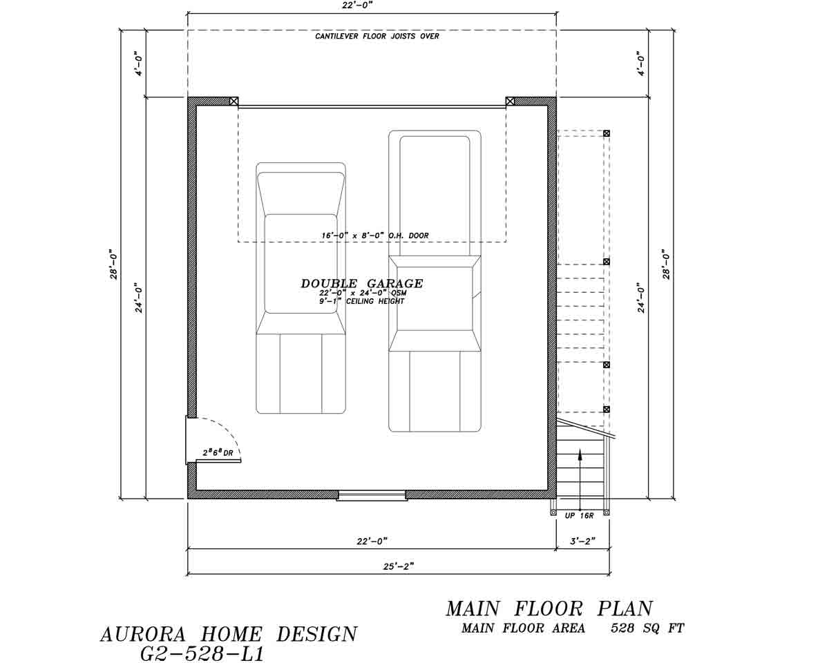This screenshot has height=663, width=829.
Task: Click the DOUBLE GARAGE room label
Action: [x=361, y=283]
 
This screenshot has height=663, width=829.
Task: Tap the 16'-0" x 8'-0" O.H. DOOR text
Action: [x=374, y=236]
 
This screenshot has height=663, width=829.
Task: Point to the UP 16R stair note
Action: [x=579, y=516]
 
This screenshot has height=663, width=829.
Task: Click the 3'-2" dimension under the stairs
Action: [x=582, y=541]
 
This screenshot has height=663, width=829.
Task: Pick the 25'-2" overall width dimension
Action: [x=398, y=566]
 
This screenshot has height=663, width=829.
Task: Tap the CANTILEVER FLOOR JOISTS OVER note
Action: [x=377, y=36]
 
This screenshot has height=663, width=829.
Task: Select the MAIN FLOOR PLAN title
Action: [x=549, y=608]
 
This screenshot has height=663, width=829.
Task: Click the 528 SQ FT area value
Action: [x=647, y=628]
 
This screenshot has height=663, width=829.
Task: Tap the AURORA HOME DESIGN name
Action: [x=229, y=634]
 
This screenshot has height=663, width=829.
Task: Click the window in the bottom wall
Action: [x=372, y=495]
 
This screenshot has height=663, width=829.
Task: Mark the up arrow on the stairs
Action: [x=580, y=456]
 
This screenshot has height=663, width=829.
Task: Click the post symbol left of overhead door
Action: [x=234, y=101]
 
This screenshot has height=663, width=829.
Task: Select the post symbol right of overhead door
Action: [x=510, y=101]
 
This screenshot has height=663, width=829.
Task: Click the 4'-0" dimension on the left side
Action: [x=140, y=64]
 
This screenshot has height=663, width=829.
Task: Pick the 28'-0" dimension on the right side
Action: [x=666, y=264]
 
